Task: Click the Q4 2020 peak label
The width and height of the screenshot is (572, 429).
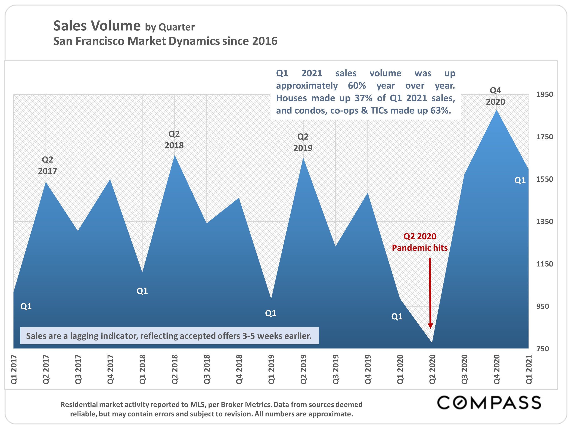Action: (x=495, y=96)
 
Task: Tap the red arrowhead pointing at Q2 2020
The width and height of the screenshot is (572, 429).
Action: (x=430, y=326)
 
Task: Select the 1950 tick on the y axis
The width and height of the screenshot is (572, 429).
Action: (x=544, y=94)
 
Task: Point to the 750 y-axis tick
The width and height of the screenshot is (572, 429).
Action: (x=542, y=349)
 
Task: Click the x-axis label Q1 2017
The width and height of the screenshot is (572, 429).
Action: (x=14, y=369)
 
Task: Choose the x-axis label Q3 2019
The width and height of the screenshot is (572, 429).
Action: (x=335, y=369)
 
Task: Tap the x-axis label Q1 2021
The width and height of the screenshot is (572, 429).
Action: (x=529, y=369)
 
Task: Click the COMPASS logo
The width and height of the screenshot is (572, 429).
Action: (x=489, y=403)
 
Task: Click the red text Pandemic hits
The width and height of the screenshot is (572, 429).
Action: (x=420, y=248)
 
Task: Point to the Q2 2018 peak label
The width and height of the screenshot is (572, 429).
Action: (x=174, y=140)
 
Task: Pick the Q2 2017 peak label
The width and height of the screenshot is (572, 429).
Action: (x=47, y=165)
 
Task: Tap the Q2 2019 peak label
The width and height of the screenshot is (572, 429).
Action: (x=303, y=142)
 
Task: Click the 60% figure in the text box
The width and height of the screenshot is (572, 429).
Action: (x=357, y=86)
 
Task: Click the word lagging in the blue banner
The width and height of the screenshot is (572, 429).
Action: (x=84, y=336)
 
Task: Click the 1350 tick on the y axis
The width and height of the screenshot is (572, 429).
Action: (x=544, y=222)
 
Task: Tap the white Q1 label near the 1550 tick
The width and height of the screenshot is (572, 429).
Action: (x=520, y=180)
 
